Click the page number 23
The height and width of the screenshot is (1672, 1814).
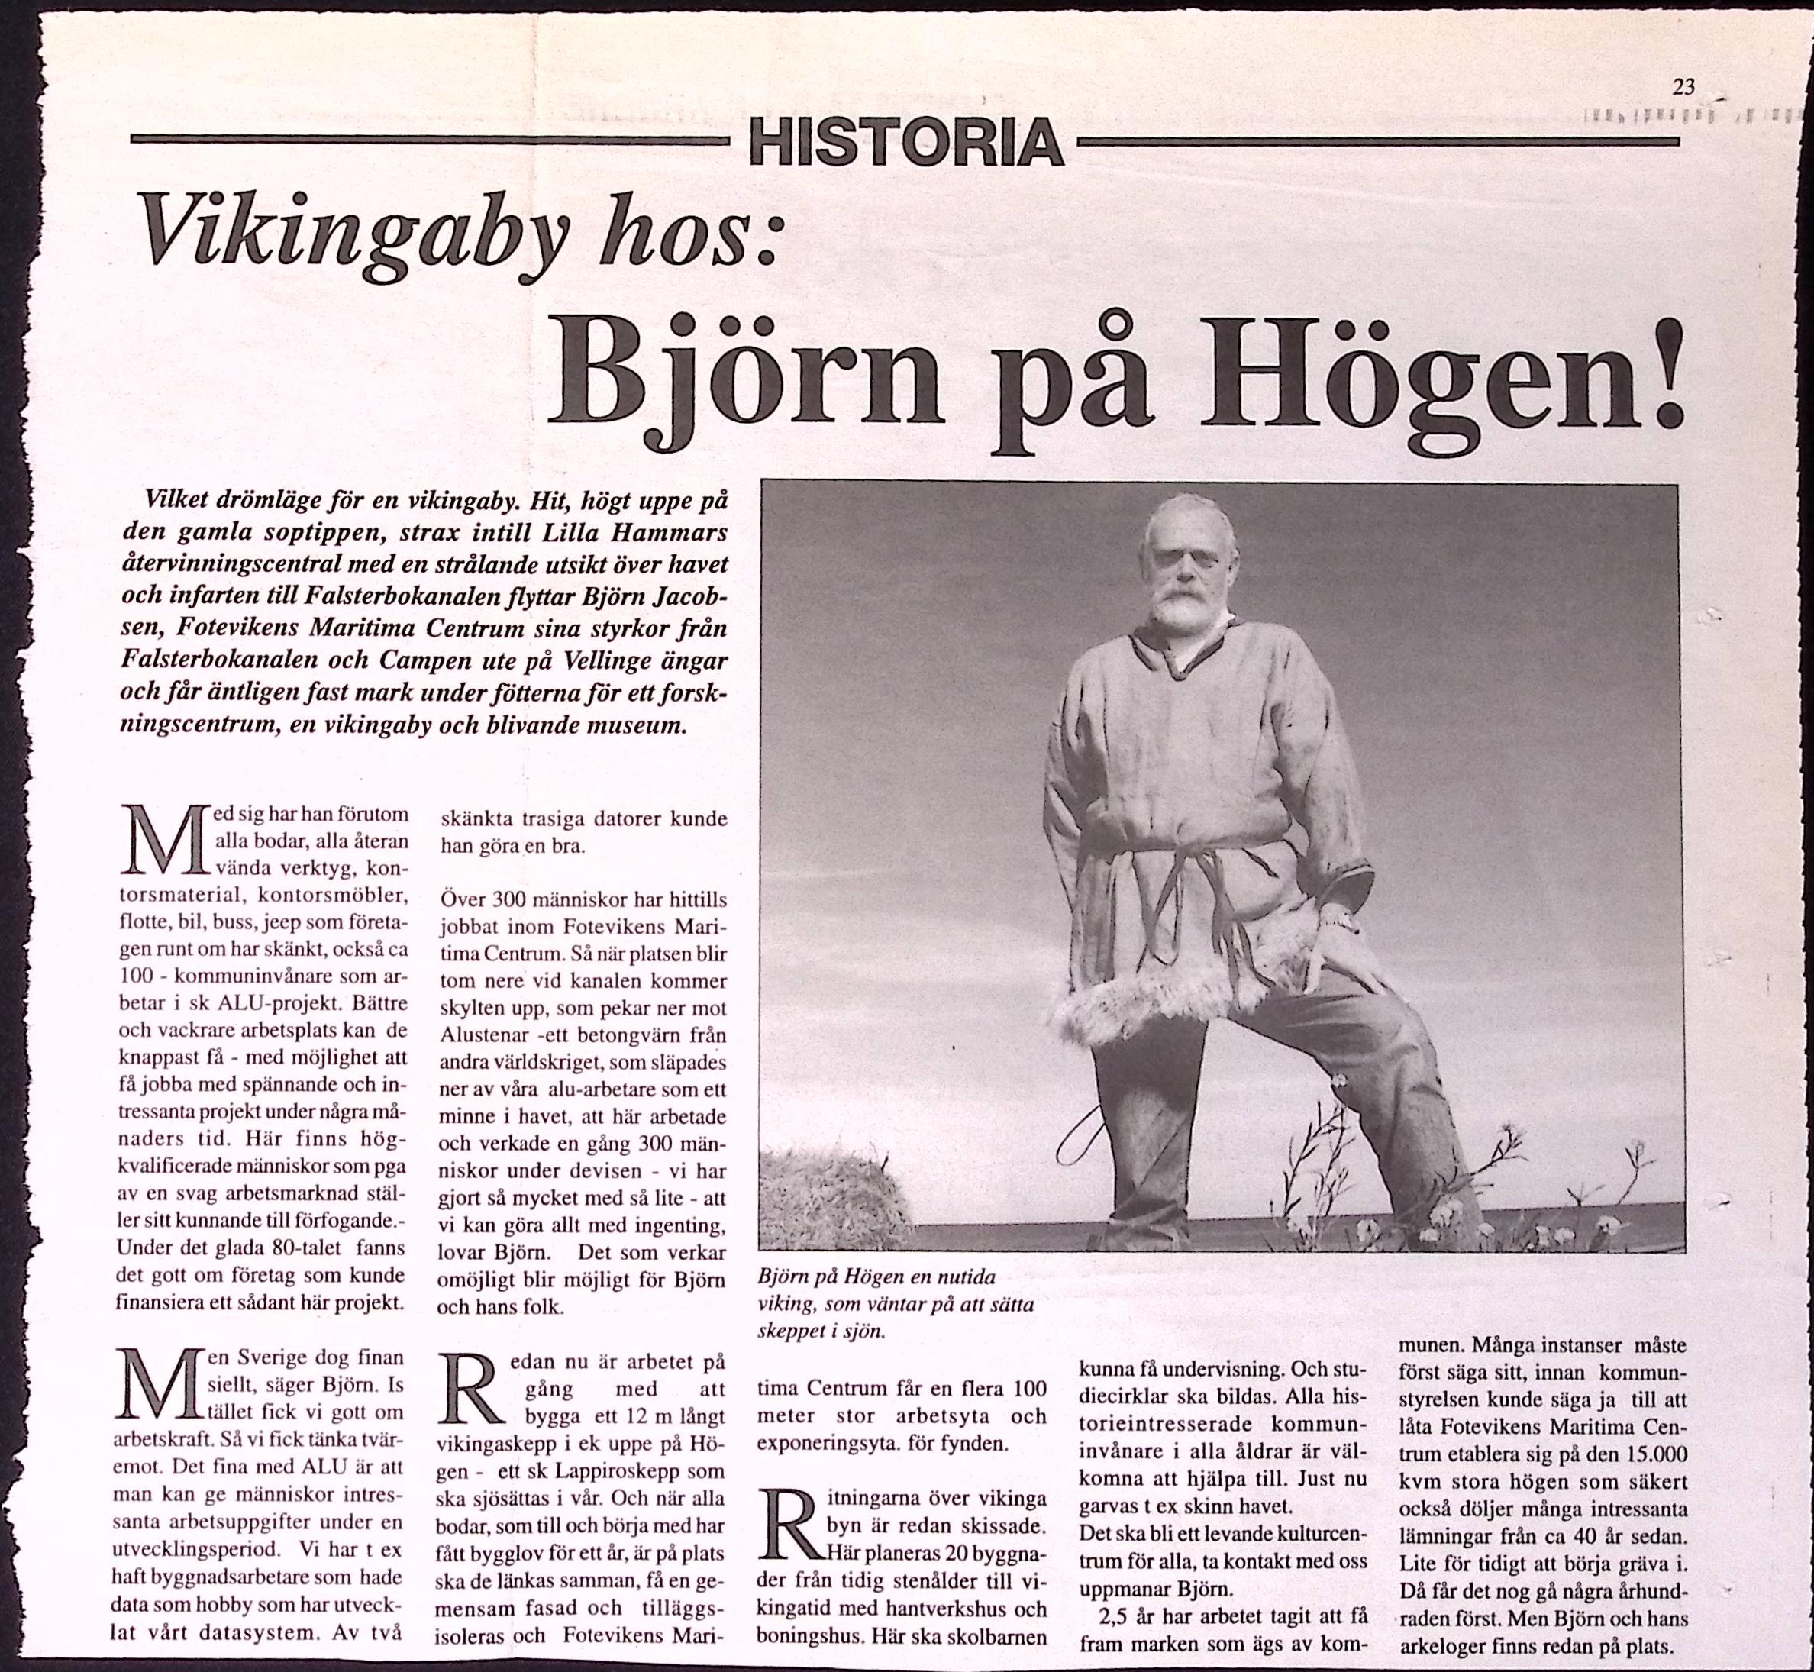click(x=1683, y=88)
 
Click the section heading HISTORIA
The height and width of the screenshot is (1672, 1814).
click(x=905, y=144)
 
